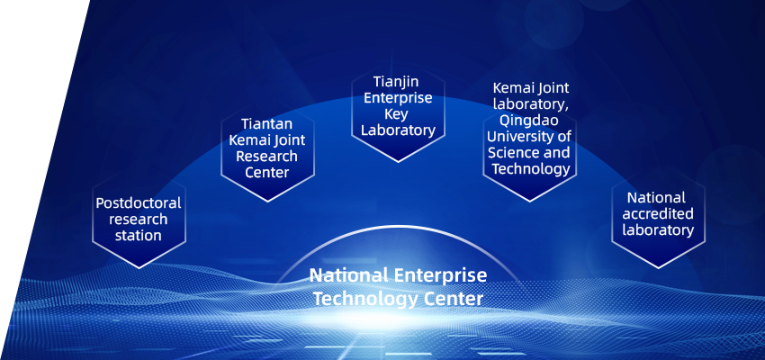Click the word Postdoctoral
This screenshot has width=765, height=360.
click(139, 202)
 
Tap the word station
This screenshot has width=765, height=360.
click(139, 236)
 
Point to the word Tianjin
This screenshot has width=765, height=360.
click(397, 82)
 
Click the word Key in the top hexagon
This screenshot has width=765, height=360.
click(397, 114)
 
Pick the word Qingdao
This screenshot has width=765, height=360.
click(529, 121)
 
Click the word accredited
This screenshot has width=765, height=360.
click(658, 213)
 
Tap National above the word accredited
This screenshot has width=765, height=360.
click(657, 198)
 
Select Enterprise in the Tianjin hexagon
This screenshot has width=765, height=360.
click(398, 97)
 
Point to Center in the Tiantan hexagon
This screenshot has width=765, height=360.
click(267, 173)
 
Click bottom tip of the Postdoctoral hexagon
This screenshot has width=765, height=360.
click(139, 268)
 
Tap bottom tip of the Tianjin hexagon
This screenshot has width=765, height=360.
click(398, 161)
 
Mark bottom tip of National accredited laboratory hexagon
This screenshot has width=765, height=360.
click(658, 268)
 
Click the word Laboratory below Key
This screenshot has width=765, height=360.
click(398, 130)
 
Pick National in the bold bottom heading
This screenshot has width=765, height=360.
click(349, 275)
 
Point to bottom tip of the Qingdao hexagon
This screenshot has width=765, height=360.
click(530, 201)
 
